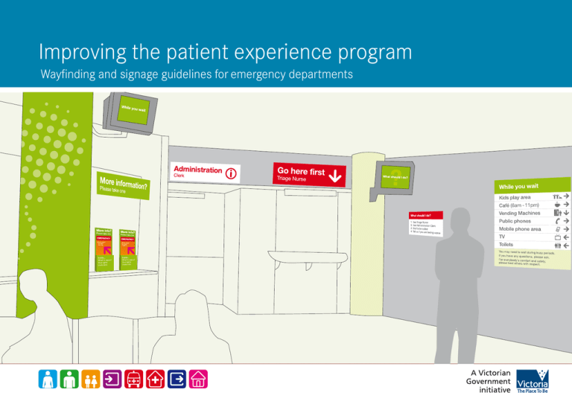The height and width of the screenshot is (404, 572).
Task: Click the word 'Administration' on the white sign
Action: click(x=197, y=170)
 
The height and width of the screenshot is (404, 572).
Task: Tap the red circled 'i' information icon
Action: click(x=232, y=175)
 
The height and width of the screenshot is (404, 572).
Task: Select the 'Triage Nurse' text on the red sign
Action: click(x=292, y=179)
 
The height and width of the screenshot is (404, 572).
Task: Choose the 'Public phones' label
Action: click(x=515, y=221)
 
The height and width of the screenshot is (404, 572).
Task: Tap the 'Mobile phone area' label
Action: click(x=520, y=229)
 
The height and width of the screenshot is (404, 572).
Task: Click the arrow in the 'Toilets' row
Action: click(x=566, y=246)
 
